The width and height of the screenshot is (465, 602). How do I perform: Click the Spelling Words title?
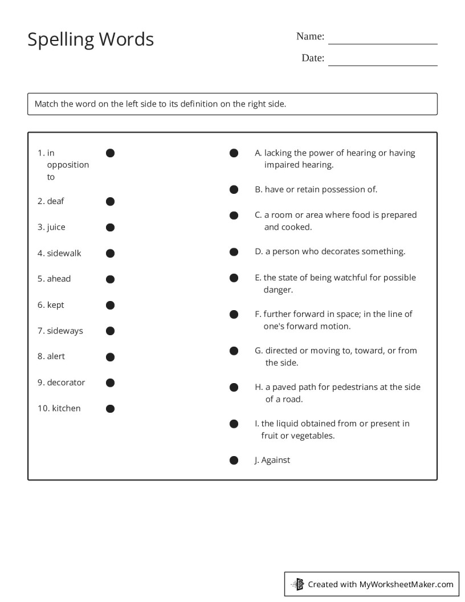(x=91, y=39)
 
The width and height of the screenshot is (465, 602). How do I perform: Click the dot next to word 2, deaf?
(x=111, y=201)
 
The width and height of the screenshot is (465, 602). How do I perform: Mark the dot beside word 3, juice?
(x=111, y=227)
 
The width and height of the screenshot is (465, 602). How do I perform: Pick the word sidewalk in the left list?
(x=64, y=253)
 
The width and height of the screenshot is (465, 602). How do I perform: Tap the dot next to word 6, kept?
(x=111, y=306)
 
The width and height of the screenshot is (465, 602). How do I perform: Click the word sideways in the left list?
(x=64, y=331)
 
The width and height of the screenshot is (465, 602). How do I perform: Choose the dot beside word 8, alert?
(x=111, y=357)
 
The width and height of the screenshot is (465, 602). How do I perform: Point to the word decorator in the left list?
(x=66, y=383)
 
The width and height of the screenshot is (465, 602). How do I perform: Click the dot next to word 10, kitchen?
(x=111, y=409)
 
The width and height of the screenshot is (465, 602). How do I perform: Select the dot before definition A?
(x=234, y=153)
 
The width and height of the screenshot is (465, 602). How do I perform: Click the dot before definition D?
(x=234, y=251)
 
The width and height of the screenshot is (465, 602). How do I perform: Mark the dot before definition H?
(x=234, y=388)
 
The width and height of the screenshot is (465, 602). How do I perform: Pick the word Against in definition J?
(x=275, y=460)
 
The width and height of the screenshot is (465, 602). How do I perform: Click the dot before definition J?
(x=234, y=461)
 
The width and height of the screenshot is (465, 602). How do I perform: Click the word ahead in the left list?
(x=59, y=279)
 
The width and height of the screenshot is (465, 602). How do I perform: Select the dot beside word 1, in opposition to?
(x=111, y=153)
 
